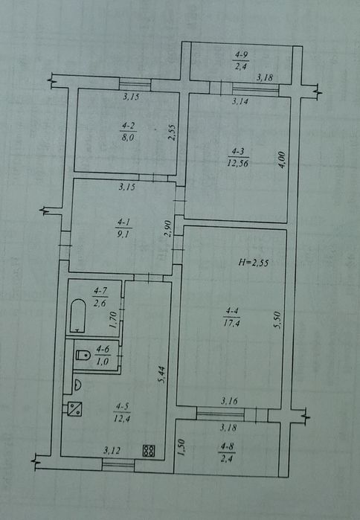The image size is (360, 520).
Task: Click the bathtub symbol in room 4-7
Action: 78,315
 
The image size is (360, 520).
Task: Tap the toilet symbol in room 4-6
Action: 83,355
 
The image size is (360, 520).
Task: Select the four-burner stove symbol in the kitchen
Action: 149,450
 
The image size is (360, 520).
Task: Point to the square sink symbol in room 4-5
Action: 74,408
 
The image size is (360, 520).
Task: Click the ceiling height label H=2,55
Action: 253,263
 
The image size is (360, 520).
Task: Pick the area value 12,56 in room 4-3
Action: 238,163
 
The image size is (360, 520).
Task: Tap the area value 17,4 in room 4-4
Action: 232,323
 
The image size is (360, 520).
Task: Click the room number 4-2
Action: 128,126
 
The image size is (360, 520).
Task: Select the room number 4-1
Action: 123,222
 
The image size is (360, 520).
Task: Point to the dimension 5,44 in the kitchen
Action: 161,374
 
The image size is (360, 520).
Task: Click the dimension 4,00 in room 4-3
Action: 281,160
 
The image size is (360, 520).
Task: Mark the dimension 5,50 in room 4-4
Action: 277,320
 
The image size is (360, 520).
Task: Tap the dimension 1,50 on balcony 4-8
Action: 181,448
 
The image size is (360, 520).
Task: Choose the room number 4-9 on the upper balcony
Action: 241,54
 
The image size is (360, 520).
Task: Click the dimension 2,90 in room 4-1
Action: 168,228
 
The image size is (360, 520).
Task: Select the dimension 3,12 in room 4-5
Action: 112,450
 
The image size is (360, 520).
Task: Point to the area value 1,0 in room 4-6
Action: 103,361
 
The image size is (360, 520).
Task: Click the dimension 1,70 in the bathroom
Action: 113,320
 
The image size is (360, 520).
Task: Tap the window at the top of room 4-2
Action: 135,84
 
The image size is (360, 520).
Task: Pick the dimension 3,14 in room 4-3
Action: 240,101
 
